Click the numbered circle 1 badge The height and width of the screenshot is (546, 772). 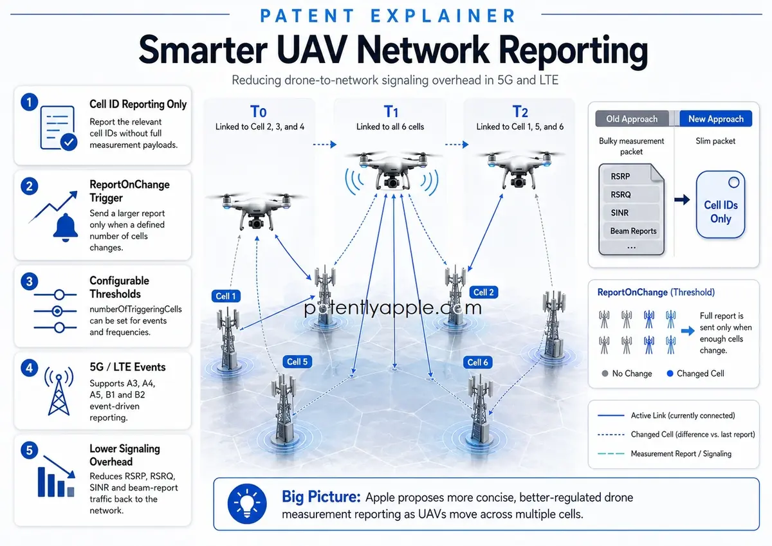tap(30, 102)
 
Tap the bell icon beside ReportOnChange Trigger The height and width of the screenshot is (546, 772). tap(65, 228)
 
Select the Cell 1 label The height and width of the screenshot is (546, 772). tap(226, 296)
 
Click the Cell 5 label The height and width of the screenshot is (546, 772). tap(297, 361)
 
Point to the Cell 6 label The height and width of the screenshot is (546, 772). tap(477, 363)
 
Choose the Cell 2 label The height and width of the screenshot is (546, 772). tap(484, 292)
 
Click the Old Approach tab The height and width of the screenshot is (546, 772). tap(632, 119)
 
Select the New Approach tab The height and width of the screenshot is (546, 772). tap(716, 119)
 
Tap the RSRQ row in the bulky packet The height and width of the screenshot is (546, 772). tap(631, 195)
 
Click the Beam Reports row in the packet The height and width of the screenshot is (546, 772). tap(631, 231)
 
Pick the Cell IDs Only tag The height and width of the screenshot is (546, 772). tap(721, 205)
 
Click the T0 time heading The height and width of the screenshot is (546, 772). tap(258, 112)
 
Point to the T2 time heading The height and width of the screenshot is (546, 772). tap(520, 112)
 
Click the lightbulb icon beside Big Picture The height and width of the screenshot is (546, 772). tap(247, 504)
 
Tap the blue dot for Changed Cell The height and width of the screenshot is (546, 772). tap(670, 374)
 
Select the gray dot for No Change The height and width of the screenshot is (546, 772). tap(605, 374)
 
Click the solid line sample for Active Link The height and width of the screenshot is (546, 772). tap(611, 415)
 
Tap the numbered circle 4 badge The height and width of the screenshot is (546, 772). tap(30, 368)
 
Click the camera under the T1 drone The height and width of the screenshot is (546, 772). tap(392, 182)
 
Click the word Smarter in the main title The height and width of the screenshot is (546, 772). tap(203, 50)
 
